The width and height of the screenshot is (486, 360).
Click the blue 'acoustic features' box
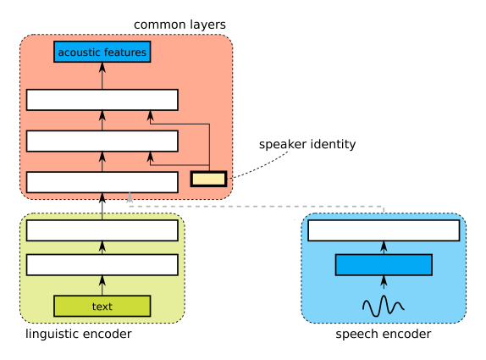point(102,52)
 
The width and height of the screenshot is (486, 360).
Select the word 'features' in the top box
point(124,53)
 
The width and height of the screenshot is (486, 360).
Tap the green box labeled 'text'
point(102,306)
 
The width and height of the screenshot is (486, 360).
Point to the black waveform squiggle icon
point(383,306)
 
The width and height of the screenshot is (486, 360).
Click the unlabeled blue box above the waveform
point(383,265)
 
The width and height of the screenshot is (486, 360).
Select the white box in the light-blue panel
point(383,230)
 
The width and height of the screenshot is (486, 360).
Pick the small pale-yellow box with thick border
point(208,179)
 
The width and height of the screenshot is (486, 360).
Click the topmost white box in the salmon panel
point(102,100)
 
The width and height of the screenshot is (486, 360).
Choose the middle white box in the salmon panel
point(102,141)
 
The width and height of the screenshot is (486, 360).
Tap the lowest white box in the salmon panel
point(102,182)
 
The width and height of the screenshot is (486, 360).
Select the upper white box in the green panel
point(102,230)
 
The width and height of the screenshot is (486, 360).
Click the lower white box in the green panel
point(102,265)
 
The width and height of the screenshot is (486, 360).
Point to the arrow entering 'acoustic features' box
point(102,75)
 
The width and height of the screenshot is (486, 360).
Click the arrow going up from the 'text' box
point(102,285)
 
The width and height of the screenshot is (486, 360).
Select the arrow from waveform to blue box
point(383,284)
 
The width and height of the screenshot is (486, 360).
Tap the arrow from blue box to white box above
point(383,247)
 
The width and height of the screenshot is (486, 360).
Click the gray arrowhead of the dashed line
point(130,197)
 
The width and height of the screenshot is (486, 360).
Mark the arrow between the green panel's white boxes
point(102,247)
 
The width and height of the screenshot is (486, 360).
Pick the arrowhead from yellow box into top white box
point(150,115)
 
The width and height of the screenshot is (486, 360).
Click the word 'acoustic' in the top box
point(79,53)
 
